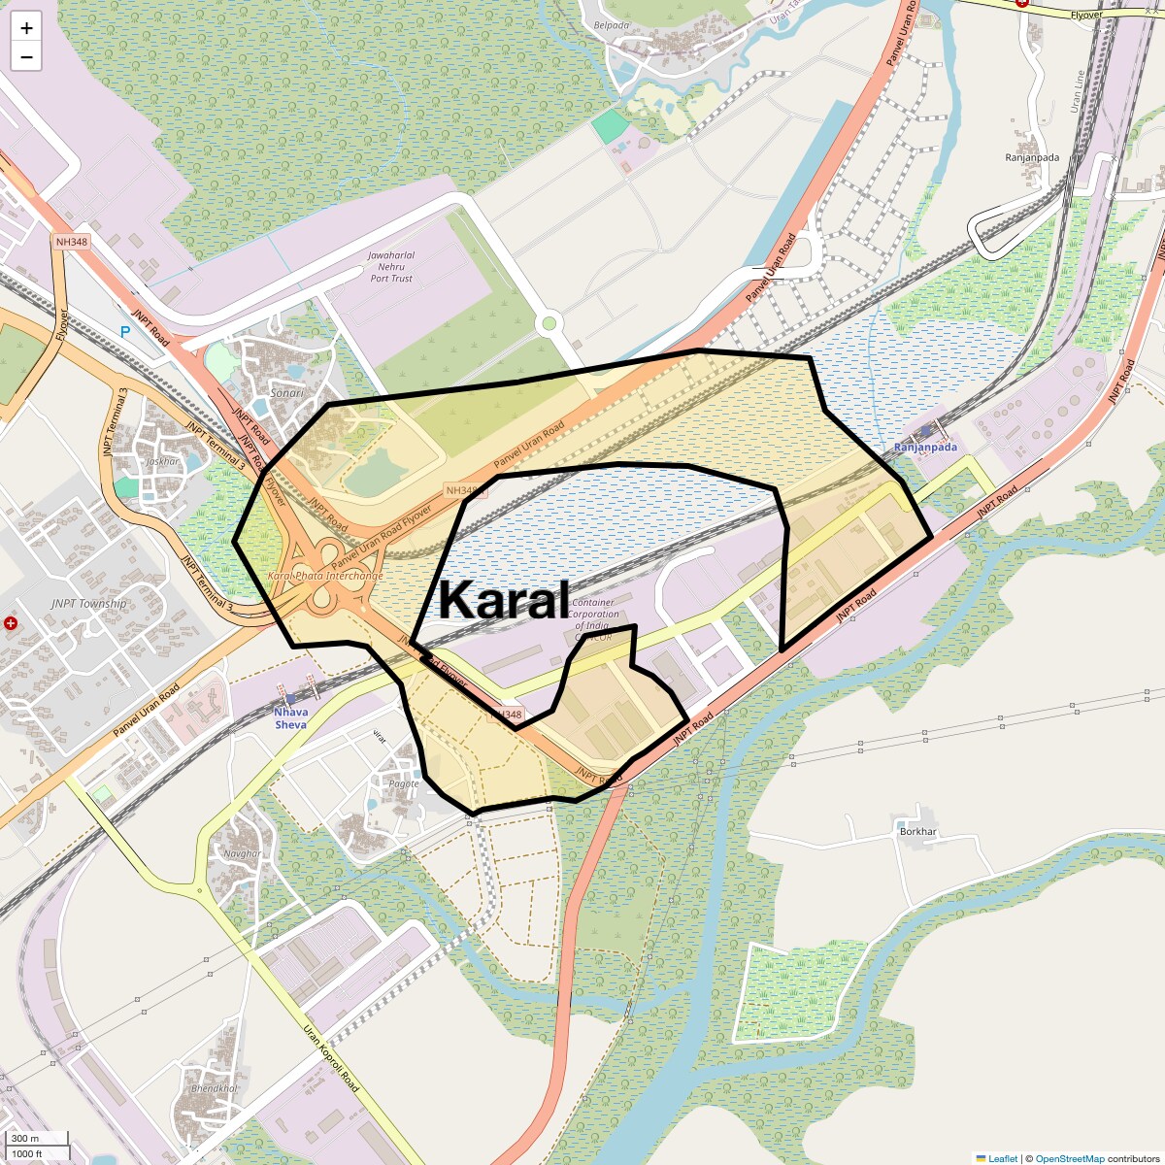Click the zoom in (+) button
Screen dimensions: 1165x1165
click(x=26, y=28)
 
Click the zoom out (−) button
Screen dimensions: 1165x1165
click(x=26, y=57)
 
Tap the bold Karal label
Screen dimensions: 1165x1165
click(x=503, y=600)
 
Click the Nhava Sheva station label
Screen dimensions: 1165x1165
click(x=290, y=718)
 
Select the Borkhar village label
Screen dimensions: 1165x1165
click(x=917, y=832)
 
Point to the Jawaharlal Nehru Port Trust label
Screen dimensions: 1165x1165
click(x=391, y=267)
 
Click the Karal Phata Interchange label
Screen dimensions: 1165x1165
click(x=325, y=576)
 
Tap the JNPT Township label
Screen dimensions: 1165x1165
click(x=89, y=604)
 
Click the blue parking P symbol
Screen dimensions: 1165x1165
click(x=125, y=332)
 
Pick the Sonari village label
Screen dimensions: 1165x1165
click(x=286, y=393)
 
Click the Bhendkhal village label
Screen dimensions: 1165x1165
click(x=214, y=1088)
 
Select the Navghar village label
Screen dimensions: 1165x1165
click(x=242, y=854)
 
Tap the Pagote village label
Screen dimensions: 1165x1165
click(x=404, y=783)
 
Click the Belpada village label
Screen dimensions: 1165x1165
click(x=612, y=26)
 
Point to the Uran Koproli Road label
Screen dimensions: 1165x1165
click(x=331, y=1058)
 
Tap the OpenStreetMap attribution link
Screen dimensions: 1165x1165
click(x=1069, y=1158)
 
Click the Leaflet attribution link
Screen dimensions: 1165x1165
click(x=1003, y=1158)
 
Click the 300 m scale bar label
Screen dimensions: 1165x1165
click(x=26, y=1139)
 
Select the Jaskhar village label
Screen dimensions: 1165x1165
click(x=163, y=462)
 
